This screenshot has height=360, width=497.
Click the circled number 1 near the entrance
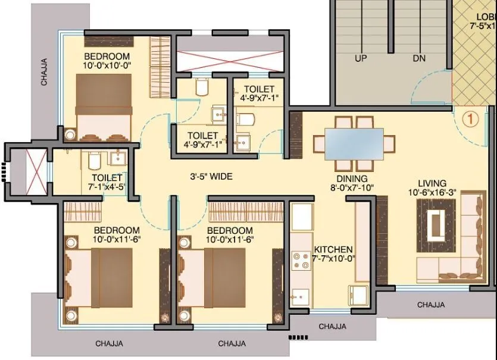pos(470,119)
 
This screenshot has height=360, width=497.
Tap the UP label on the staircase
pos(361,59)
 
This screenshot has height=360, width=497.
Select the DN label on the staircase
pos(420,59)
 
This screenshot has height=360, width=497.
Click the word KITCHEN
pos(333,249)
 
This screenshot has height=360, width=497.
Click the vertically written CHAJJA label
pos(44,71)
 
